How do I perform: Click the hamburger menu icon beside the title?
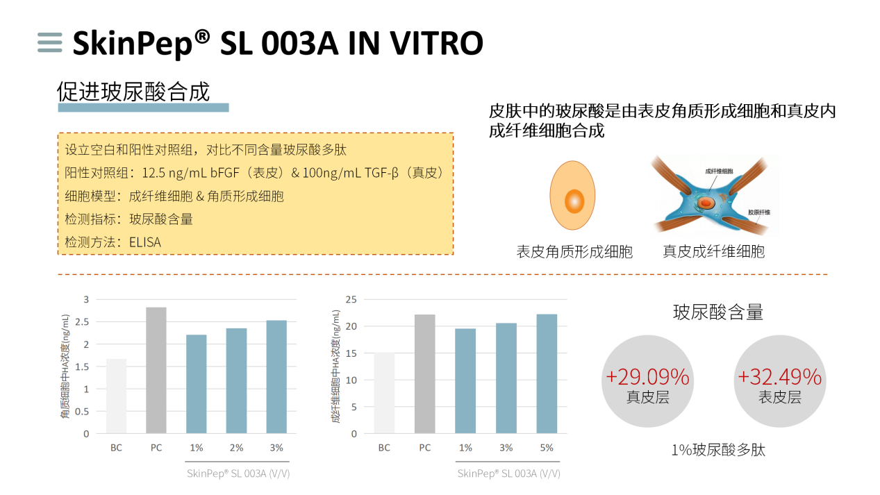coord(50,42)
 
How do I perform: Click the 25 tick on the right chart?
coord(351,299)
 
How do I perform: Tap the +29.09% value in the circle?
coord(647,377)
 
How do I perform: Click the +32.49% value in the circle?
coord(779,377)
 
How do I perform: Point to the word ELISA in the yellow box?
coord(144,242)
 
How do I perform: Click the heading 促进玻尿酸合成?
coord(133,92)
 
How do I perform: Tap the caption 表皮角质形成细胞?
coord(574,251)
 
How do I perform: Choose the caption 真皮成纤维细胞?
coord(713,251)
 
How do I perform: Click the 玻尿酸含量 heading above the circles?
coord(717,312)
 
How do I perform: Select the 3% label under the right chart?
coord(506,448)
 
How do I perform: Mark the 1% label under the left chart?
coord(196,448)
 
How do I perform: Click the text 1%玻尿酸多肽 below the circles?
coord(717,450)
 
